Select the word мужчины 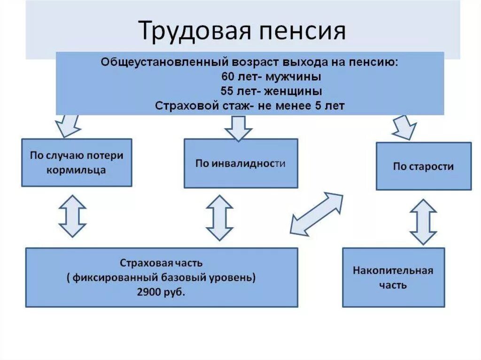click(295, 76)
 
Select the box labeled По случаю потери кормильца click(77, 162)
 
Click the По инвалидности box click(240, 163)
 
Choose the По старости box click(423, 166)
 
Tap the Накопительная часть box click(393, 277)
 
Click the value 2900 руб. click(161, 291)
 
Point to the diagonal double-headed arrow click(316, 214)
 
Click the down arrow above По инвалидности click(238, 128)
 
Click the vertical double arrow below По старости click(423, 222)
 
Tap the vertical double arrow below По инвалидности click(219, 218)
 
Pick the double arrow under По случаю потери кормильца click(72, 216)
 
